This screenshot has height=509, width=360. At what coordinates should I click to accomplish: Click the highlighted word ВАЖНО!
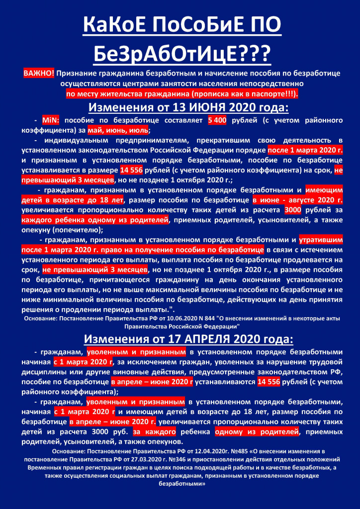[x=39, y=74]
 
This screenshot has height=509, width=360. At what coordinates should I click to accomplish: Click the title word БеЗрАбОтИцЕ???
[x=180, y=52]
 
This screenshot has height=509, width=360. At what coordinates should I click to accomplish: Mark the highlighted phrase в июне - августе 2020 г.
[x=297, y=200]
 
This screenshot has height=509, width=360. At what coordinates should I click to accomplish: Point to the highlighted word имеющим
[x=324, y=190]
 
